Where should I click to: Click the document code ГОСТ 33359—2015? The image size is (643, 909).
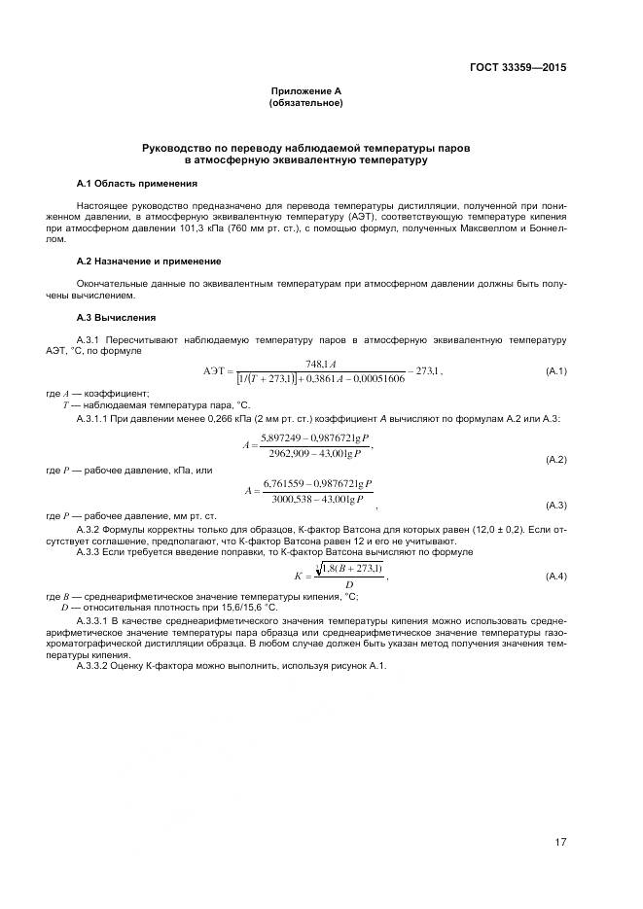click(517, 68)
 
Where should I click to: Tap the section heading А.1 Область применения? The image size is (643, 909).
click(137, 183)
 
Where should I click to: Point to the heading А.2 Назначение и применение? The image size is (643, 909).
click(149, 262)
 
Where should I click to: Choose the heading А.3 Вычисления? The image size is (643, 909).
click(116, 318)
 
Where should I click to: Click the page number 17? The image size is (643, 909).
click(560, 842)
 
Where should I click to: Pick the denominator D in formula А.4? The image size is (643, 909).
click(336, 584)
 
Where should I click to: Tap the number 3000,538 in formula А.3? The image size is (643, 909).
click(284, 499)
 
